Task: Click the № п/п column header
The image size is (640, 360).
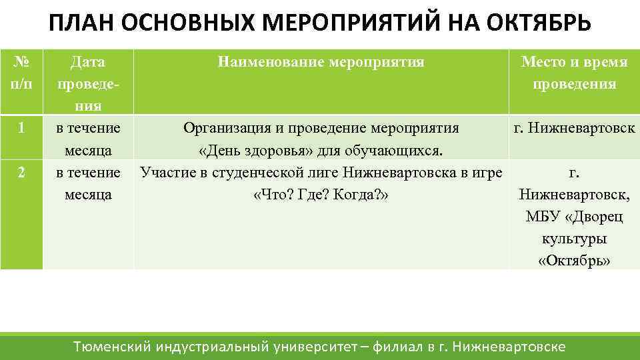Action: click(x=21, y=73)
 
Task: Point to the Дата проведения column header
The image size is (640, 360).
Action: click(x=88, y=84)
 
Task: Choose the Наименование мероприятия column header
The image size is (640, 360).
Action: click(x=321, y=63)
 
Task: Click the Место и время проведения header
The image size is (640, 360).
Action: click(x=574, y=73)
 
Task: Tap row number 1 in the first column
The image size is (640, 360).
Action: click(x=21, y=129)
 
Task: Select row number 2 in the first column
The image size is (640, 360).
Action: click(x=21, y=173)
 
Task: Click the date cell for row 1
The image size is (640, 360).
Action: click(x=88, y=139)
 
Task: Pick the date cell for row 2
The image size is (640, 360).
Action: click(x=88, y=183)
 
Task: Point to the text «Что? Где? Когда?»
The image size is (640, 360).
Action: click(x=321, y=195)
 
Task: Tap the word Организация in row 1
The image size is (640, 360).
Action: click(x=224, y=128)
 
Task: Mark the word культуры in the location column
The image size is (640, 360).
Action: click(x=574, y=239)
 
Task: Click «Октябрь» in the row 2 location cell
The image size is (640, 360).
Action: click(x=574, y=260)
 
